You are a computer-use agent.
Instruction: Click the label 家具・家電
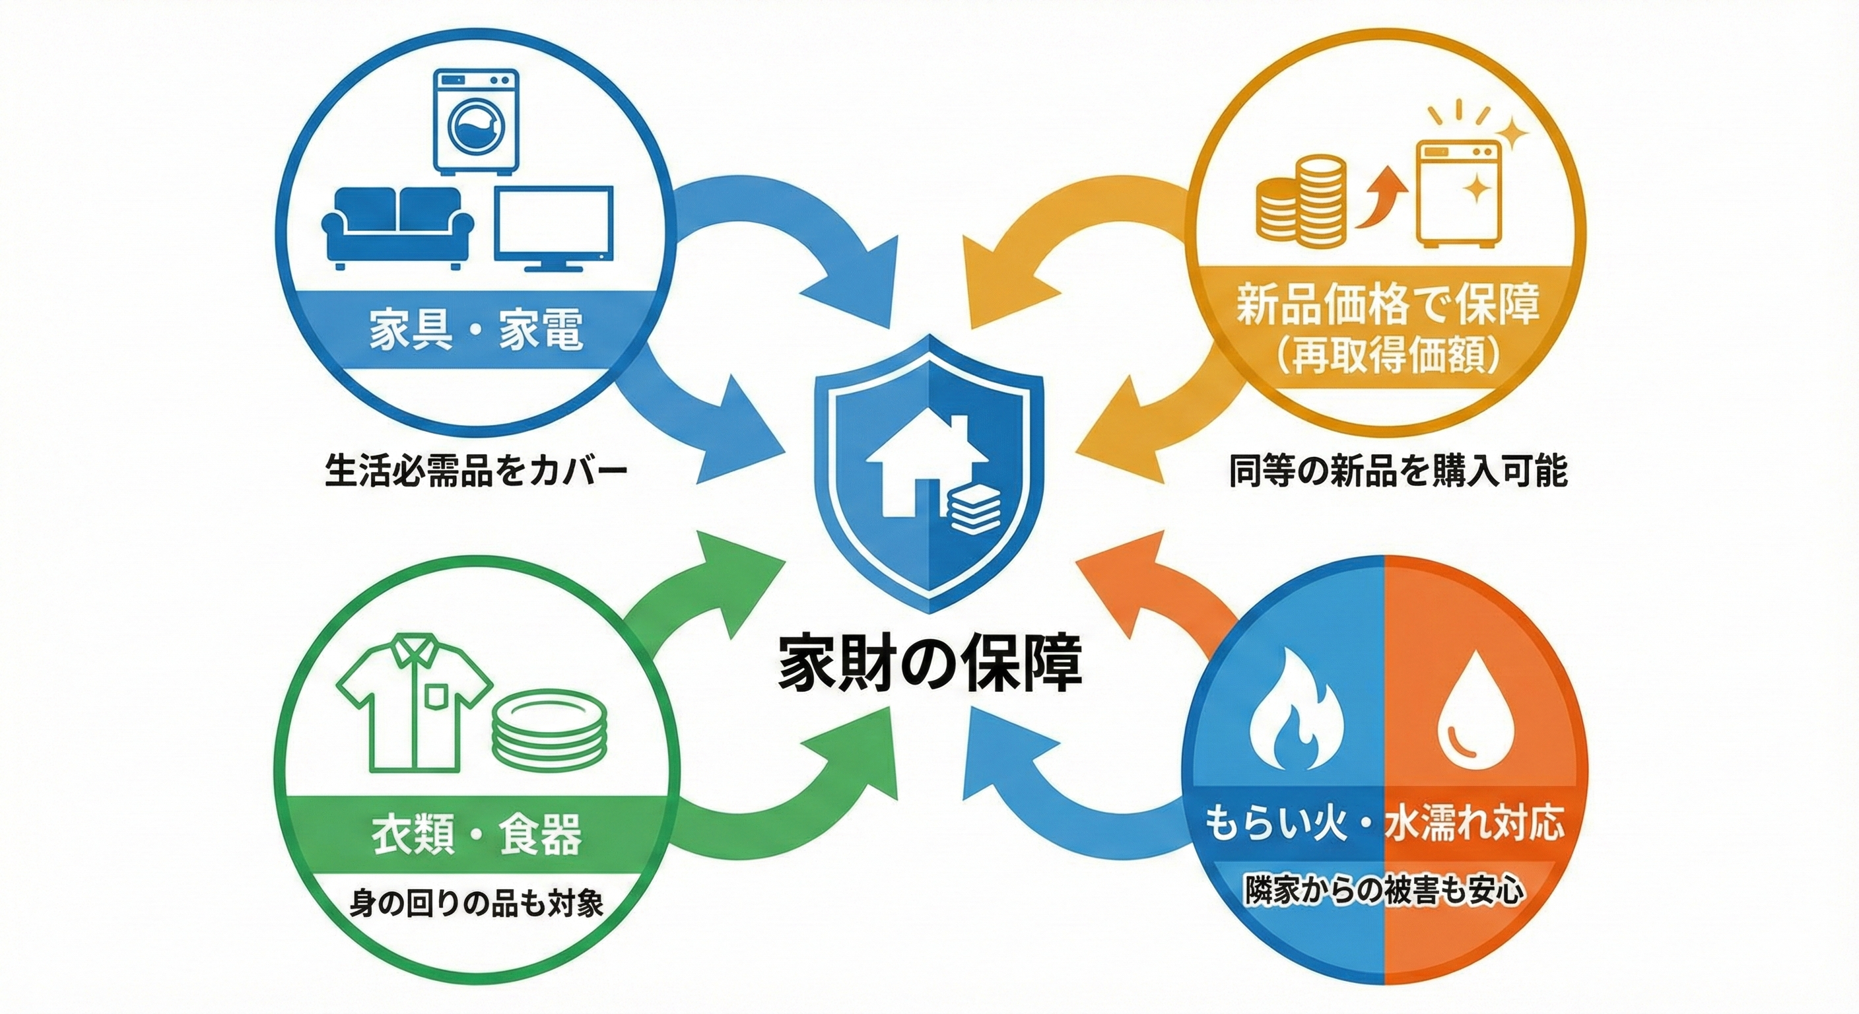[475, 331]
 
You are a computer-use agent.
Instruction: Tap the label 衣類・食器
[475, 835]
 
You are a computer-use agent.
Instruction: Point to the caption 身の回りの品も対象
[476, 903]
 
